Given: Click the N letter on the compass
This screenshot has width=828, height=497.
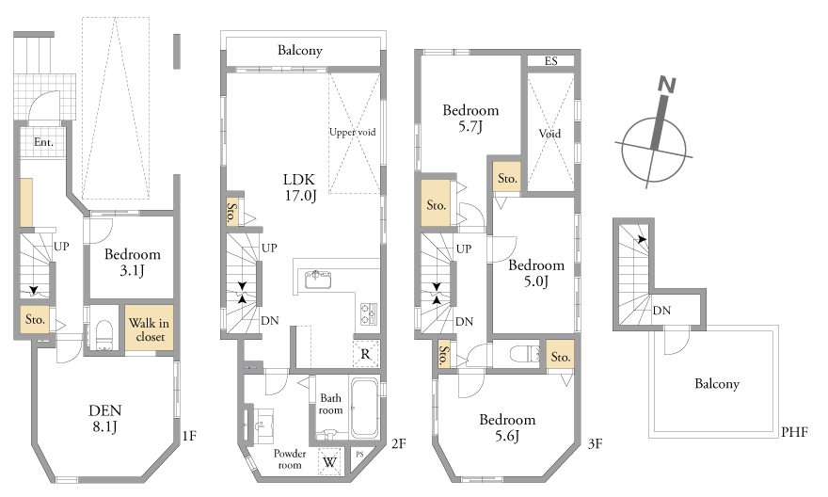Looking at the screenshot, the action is point(667,85).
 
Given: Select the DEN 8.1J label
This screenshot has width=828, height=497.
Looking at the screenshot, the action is point(105,418).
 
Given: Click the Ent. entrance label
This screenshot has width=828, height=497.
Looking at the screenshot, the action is point(43,142).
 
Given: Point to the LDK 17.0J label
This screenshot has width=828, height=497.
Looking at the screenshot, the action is point(300,187).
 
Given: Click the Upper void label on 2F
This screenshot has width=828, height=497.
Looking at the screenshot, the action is point(352,132).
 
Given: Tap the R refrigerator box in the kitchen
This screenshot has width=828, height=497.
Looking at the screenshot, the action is point(365,354).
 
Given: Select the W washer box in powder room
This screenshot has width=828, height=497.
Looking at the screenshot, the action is point(329,462).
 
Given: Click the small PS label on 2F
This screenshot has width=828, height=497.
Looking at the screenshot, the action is point(359,455).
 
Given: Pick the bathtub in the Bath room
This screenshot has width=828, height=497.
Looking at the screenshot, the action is point(364,408).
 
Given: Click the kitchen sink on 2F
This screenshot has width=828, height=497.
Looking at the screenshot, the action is point(318,279).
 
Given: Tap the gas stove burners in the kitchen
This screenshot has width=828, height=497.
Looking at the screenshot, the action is point(368,313).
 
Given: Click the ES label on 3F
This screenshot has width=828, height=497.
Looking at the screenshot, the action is point(550,61).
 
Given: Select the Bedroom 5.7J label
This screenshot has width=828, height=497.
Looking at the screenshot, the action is point(470,118).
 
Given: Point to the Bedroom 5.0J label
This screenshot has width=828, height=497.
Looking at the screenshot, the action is point(536,273).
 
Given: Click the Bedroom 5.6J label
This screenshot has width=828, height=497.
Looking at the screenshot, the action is point(507,427).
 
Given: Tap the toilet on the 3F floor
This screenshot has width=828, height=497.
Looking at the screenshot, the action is point(525,353).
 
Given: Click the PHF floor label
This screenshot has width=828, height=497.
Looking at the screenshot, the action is point(795,432).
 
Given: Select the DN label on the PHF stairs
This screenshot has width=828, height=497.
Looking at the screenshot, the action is point(661,311).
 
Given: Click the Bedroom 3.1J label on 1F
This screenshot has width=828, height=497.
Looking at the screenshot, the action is point(132,262).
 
